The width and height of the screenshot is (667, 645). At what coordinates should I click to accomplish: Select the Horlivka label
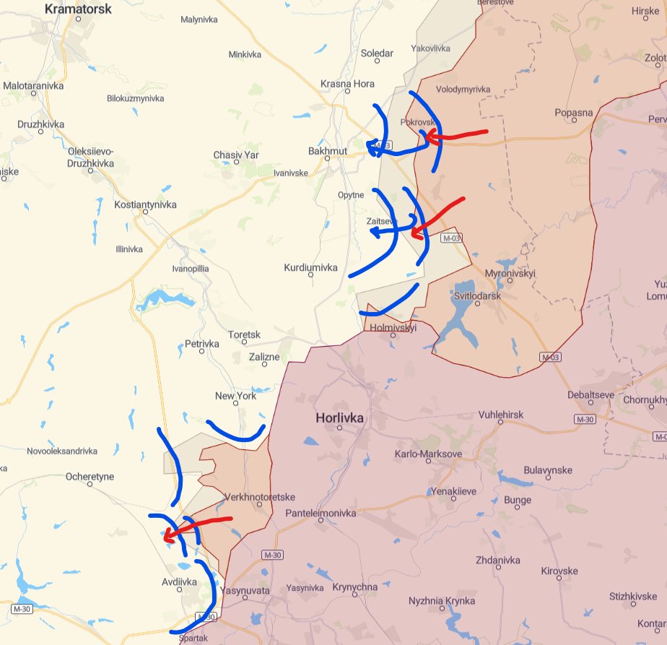pos(339,418)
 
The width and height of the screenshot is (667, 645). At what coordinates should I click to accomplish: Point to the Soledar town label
pos(377,53)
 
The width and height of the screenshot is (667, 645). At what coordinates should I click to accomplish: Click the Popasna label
pos(574,113)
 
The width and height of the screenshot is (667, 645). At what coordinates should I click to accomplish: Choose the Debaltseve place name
pos(590,396)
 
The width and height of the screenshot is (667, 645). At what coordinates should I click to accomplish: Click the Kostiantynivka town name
pos(145,204)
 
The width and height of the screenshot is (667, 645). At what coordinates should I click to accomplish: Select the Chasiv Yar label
pos(235,155)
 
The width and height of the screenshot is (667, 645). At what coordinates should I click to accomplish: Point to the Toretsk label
pos(244,335)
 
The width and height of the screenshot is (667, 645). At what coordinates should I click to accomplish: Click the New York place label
pos(235,396)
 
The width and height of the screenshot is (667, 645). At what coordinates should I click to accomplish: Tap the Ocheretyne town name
pos(90,477)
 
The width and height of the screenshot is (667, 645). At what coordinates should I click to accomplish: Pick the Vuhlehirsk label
pos(501,415)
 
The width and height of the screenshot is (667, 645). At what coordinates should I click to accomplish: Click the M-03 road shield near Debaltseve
pos(550,357)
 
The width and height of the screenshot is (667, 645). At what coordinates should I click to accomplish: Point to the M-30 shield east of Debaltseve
pos(584,420)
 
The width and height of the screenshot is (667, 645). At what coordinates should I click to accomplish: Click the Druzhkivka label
pos(40,124)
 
